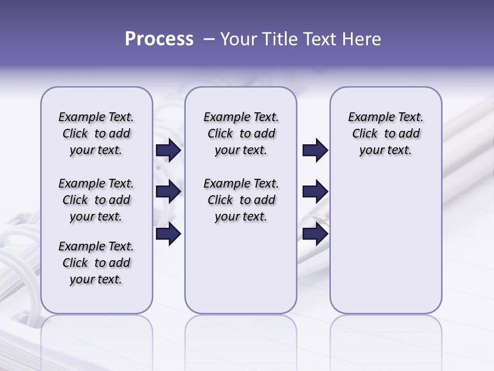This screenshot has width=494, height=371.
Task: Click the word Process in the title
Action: point(159,39)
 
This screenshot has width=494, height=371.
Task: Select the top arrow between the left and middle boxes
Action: point(168,150)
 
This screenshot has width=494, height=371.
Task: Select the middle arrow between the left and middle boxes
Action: point(168,192)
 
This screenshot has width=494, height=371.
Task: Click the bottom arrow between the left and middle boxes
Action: point(168,234)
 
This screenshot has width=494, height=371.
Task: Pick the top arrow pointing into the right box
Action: point(315,150)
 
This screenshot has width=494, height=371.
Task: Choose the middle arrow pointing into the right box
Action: point(315,192)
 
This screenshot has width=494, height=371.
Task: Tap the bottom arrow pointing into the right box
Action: point(315,234)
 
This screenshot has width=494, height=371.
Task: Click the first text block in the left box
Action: point(96,133)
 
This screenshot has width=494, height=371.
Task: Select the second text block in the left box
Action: point(96,200)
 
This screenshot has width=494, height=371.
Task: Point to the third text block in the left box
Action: point(96,263)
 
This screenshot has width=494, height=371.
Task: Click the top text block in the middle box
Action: point(241,133)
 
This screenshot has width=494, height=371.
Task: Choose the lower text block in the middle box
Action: point(241,200)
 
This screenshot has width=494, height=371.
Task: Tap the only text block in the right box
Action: point(385,133)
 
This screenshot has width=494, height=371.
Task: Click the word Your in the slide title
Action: point(238,39)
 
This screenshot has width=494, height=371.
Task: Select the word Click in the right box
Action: point(365,134)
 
